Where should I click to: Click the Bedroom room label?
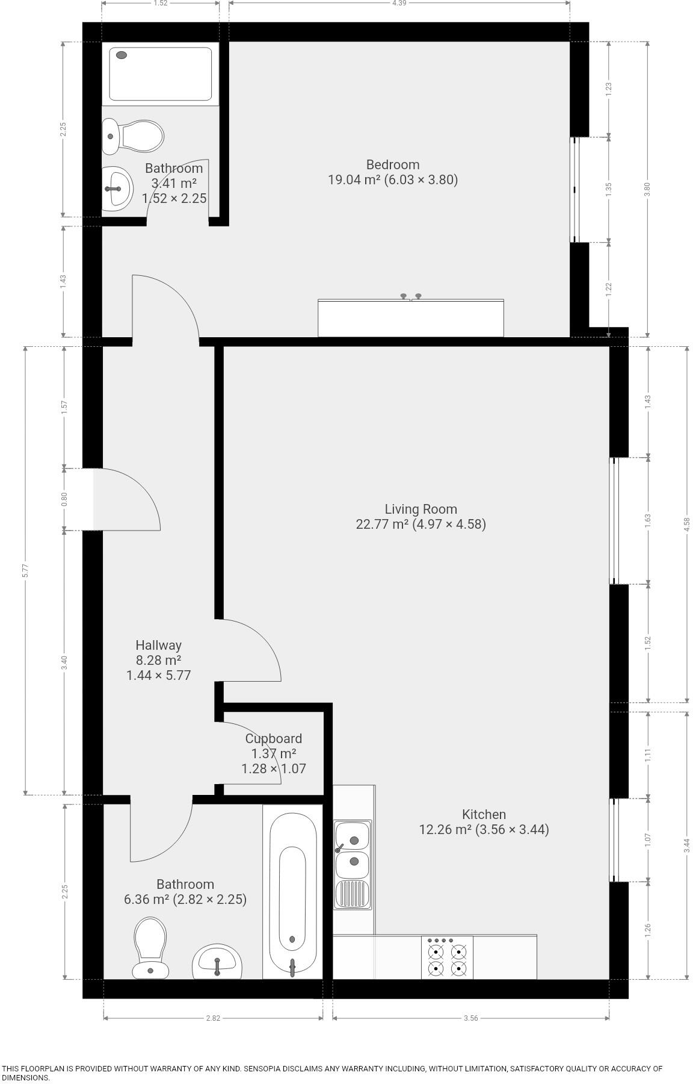click(392, 165)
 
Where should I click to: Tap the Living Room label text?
click(420, 509)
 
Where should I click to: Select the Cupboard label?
click(273, 739)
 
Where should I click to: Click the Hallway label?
click(158, 646)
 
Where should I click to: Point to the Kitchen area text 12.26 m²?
click(445, 830)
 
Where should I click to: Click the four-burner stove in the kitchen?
click(446, 958)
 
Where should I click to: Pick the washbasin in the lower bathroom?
click(217, 962)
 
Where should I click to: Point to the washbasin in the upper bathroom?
click(117, 188)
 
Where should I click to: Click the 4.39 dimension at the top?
click(399, 4)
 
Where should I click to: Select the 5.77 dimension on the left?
click(25, 570)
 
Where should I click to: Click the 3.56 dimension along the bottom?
click(470, 1018)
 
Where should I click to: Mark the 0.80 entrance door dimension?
click(64, 499)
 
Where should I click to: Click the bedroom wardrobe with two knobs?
click(410, 318)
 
